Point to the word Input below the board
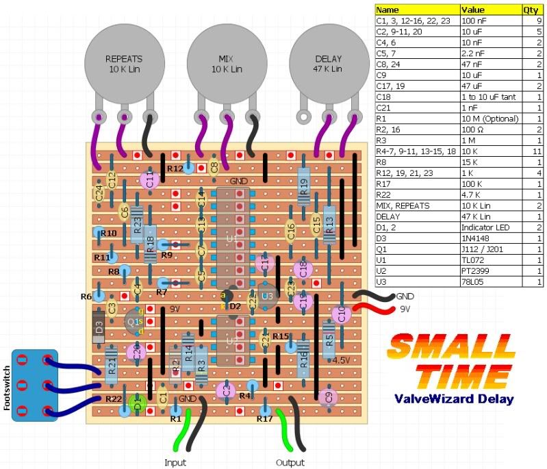(x=175, y=462)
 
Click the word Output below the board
(x=290, y=462)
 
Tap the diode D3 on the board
(x=99, y=328)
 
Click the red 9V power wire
(x=372, y=312)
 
